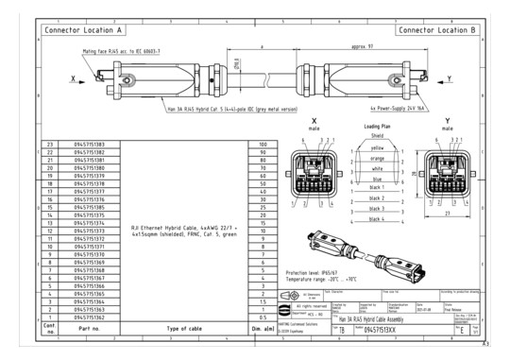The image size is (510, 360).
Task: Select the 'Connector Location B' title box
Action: point(437,30)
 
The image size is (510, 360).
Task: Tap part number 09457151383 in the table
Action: point(89,145)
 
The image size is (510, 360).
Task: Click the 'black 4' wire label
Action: point(377,218)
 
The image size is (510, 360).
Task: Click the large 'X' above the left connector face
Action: point(313,121)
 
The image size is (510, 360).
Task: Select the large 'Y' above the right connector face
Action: point(445,121)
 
